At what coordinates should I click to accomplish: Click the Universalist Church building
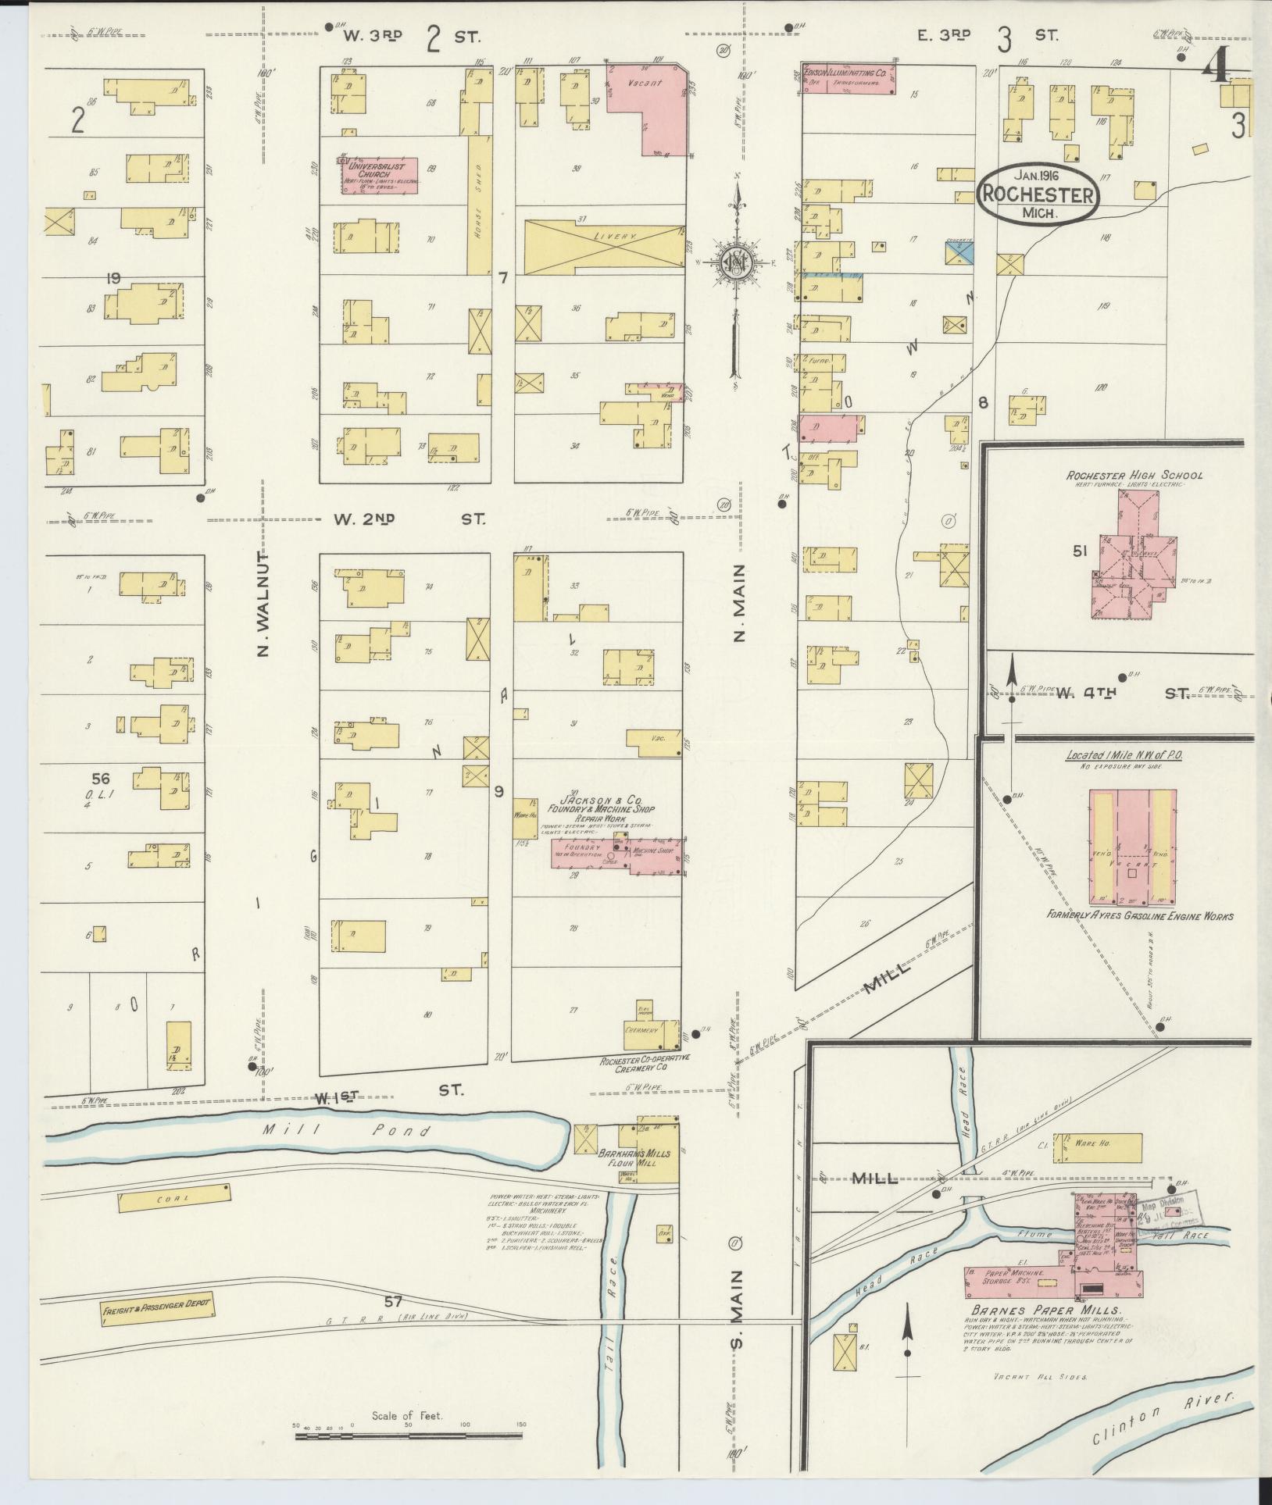(379, 175)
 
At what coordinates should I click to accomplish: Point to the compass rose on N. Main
(735, 266)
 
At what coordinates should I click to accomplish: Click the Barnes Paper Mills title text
(1046, 1310)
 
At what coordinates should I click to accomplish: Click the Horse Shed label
(478, 201)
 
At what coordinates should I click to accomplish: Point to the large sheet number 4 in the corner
(1216, 70)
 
